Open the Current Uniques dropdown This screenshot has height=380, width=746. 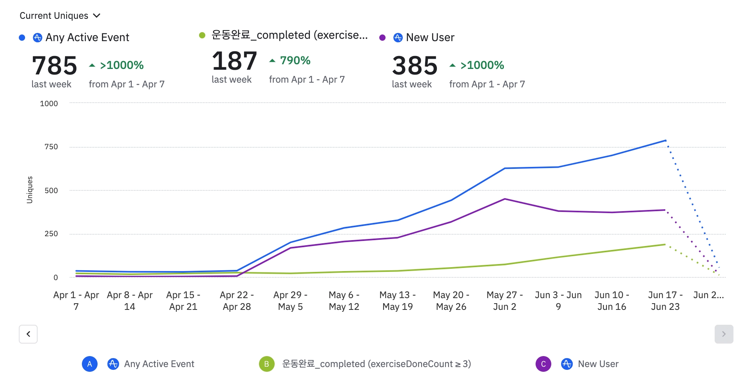(60, 16)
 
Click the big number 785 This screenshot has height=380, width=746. (54, 65)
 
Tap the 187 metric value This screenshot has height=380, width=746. (234, 61)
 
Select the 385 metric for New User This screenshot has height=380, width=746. (415, 65)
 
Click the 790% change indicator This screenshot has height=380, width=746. (290, 61)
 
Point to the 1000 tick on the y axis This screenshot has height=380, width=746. (49, 104)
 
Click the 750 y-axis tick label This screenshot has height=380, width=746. (51, 147)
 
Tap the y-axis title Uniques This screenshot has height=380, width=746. (30, 190)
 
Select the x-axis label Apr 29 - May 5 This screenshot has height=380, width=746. (290, 301)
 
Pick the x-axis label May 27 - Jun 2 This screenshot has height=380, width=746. (505, 301)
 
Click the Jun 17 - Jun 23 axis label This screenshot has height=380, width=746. (665, 301)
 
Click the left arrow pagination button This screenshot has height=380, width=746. (28, 334)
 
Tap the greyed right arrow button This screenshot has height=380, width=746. (724, 334)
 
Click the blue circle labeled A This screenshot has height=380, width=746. (90, 364)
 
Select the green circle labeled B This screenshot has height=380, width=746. (266, 364)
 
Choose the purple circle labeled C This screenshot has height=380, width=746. (543, 364)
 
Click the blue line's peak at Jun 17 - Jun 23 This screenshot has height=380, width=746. (665, 140)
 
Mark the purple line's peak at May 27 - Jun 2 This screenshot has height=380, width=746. (505, 199)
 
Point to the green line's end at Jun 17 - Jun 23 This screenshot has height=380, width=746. (665, 244)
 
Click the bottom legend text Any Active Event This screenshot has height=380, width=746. (159, 364)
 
